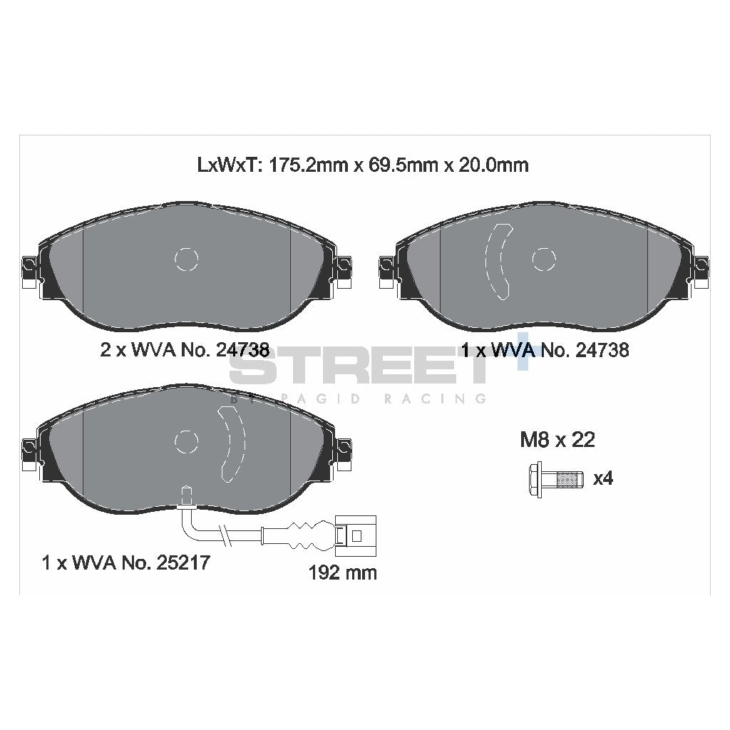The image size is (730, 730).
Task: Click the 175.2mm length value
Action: (x=296, y=165)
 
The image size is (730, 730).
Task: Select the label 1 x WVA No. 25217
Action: (x=125, y=562)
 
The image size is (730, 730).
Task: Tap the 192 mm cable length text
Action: (x=343, y=572)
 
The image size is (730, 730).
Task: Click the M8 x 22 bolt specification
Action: (x=557, y=440)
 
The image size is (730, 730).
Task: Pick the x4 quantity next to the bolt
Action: (x=603, y=478)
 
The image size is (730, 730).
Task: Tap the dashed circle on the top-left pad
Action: (x=186, y=259)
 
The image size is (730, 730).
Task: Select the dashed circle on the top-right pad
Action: (x=544, y=258)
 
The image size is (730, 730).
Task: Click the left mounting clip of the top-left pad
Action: (x=29, y=270)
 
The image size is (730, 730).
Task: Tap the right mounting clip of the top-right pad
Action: (x=702, y=270)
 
